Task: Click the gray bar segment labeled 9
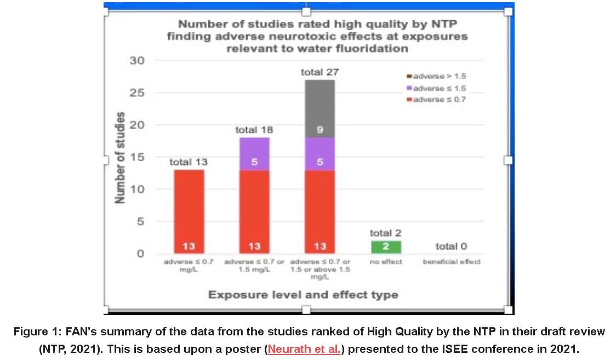point(320,108)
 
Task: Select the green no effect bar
point(385,247)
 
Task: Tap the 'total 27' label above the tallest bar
point(320,72)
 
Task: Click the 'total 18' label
point(254,130)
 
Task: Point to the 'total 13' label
point(188,162)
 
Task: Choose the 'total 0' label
point(452,247)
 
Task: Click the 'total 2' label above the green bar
point(385,233)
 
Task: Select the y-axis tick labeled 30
point(137,60)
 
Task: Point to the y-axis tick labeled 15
point(137,157)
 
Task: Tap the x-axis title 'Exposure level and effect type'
point(303,295)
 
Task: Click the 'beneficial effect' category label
point(452,261)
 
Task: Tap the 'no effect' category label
point(385,261)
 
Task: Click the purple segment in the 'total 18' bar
point(254,154)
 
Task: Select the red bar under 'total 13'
point(188,208)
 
